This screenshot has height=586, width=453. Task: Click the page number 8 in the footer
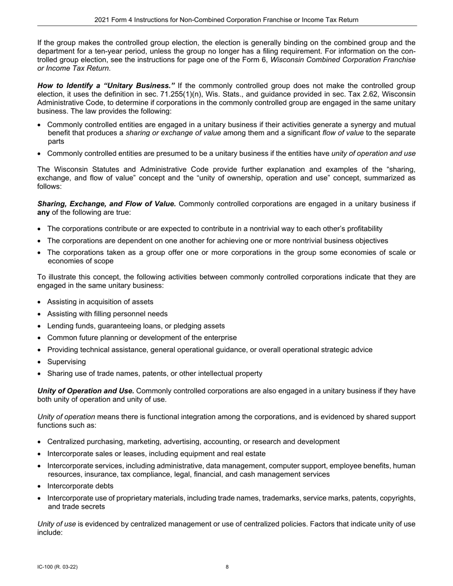click(227, 567)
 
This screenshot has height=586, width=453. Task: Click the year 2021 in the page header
click(102, 20)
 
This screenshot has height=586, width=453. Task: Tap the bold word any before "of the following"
click(43, 212)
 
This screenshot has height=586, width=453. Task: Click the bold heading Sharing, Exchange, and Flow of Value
click(106, 204)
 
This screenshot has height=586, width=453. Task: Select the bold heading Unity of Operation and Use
click(85, 391)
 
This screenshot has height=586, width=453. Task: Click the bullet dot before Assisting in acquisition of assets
click(40, 302)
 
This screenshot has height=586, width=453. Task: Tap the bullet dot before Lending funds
click(40, 326)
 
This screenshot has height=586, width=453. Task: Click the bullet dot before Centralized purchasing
click(40, 442)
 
